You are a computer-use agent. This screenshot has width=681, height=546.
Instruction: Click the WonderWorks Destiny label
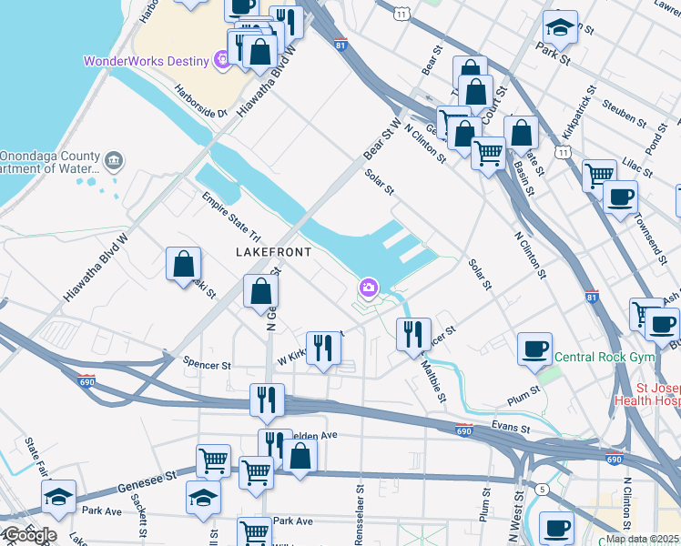pyautogui.click(x=146, y=62)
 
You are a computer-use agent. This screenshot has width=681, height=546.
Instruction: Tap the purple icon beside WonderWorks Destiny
pyautogui.click(x=221, y=61)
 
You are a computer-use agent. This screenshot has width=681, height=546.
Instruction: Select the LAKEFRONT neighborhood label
pyautogui.click(x=273, y=251)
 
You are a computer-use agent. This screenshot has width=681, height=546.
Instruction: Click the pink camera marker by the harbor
pyautogui.click(x=369, y=289)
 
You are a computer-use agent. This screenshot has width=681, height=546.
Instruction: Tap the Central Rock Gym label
pyautogui.click(x=605, y=357)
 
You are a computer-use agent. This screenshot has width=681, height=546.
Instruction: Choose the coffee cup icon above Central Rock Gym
pyautogui.click(x=535, y=349)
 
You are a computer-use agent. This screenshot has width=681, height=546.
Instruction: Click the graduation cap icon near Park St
pyautogui.click(x=560, y=27)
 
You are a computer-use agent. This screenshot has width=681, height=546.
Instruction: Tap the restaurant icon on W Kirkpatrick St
pyautogui.click(x=323, y=349)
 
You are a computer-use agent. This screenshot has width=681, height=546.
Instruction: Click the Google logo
pyautogui.click(x=29, y=535)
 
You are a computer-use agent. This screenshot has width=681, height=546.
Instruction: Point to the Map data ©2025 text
pyautogui.click(x=643, y=539)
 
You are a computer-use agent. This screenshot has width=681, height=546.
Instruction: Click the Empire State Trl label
pyautogui.click(x=231, y=216)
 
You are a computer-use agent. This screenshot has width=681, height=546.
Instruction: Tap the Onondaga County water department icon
pyautogui.click(x=114, y=161)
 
